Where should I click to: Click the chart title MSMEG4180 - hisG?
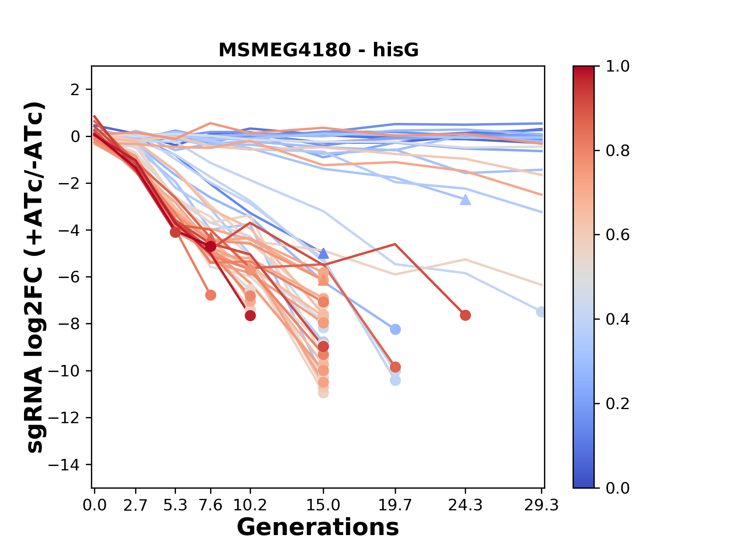pyautogui.click(x=318, y=50)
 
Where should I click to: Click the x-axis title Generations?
pyautogui.click(x=318, y=527)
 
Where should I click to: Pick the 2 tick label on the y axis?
pyautogui.click(x=75, y=90)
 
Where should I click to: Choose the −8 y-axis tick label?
pyautogui.click(x=69, y=324)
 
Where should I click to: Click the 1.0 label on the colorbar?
pyautogui.click(x=618, y=67)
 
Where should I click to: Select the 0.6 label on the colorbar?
pyautogui.click(x=618, y=235)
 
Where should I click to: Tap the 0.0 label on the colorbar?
pyautogui.click(x=618, y=488)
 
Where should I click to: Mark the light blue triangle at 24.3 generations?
pyautogui.click(x=465, y=200)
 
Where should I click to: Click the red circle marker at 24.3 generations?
pyautogui.click(x=465, y=315)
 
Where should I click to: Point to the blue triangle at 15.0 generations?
pyautogui.click(x=323, y=253)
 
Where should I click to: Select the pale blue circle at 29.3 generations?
pyautogui.click(x=541, y=312)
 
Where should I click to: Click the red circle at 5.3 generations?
pyautogui.click(x=175, y=232)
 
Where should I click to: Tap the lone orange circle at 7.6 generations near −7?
pyautogui.click(x=211, y=295)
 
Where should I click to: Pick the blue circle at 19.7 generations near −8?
pyautogui.click(x=395, y=329)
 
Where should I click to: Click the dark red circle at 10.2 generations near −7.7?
pyautogui.click(x=250, y=315)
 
